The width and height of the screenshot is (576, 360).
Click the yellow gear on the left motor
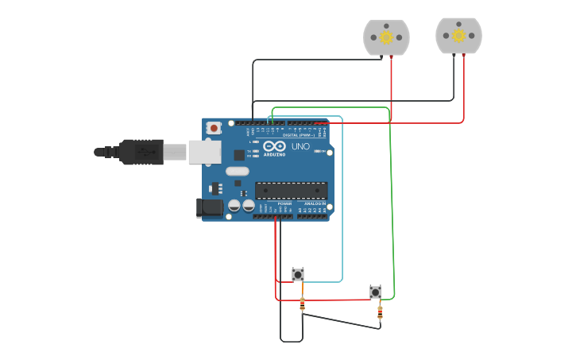(386, 37)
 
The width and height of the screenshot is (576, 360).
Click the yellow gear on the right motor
(458, 35)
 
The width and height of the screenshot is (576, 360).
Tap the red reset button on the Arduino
(214, 128)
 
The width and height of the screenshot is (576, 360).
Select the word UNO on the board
(300, 146)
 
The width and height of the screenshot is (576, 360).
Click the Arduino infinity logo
(274, 147)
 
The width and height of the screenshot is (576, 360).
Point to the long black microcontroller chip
(291, 190)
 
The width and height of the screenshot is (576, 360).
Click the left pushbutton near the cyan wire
(298, 274)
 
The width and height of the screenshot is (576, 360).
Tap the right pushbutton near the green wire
(376, 292)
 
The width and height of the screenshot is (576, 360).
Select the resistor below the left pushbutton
(302, 304)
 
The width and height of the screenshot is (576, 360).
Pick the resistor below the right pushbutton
(380, 312)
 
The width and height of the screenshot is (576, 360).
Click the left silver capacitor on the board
(234, 206)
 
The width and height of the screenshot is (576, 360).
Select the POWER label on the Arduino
(284, 203)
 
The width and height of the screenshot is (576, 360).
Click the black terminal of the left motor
(381, 57)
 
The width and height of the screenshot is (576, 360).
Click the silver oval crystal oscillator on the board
(237, 171)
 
